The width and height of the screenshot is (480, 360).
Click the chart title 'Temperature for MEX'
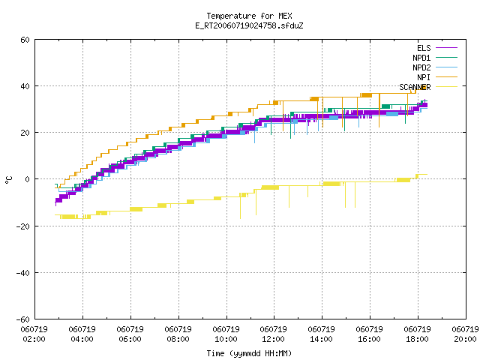click(249, 16)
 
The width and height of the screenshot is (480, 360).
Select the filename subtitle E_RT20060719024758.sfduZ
click(249, 25)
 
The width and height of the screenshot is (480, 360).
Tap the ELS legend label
click(424, 48)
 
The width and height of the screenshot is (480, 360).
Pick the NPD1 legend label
click(421, 58)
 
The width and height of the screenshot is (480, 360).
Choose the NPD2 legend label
click(421, 67)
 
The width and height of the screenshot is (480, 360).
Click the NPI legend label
click(424, 77)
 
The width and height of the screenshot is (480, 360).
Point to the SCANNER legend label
click(415, 87)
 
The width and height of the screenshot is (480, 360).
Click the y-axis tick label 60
click(25, 40)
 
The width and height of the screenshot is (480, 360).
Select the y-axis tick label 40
click(25, 86)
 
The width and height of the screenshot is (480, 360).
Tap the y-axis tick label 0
click(27, 179)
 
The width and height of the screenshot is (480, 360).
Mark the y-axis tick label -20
click(23, 226)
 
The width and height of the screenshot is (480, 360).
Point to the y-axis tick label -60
click(23, 319)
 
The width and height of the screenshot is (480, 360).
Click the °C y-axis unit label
click(8, 180)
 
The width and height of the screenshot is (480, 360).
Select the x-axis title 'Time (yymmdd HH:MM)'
click(249, 353)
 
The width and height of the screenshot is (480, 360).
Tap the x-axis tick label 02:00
click(34, 339)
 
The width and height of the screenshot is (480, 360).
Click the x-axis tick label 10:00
click(226, 339)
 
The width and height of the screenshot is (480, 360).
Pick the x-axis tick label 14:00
click(321, 339)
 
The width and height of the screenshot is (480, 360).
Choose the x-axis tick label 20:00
click(465, 339)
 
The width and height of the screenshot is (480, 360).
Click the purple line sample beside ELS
click(447, 48)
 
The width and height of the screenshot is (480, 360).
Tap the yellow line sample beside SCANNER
click(447, 87)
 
